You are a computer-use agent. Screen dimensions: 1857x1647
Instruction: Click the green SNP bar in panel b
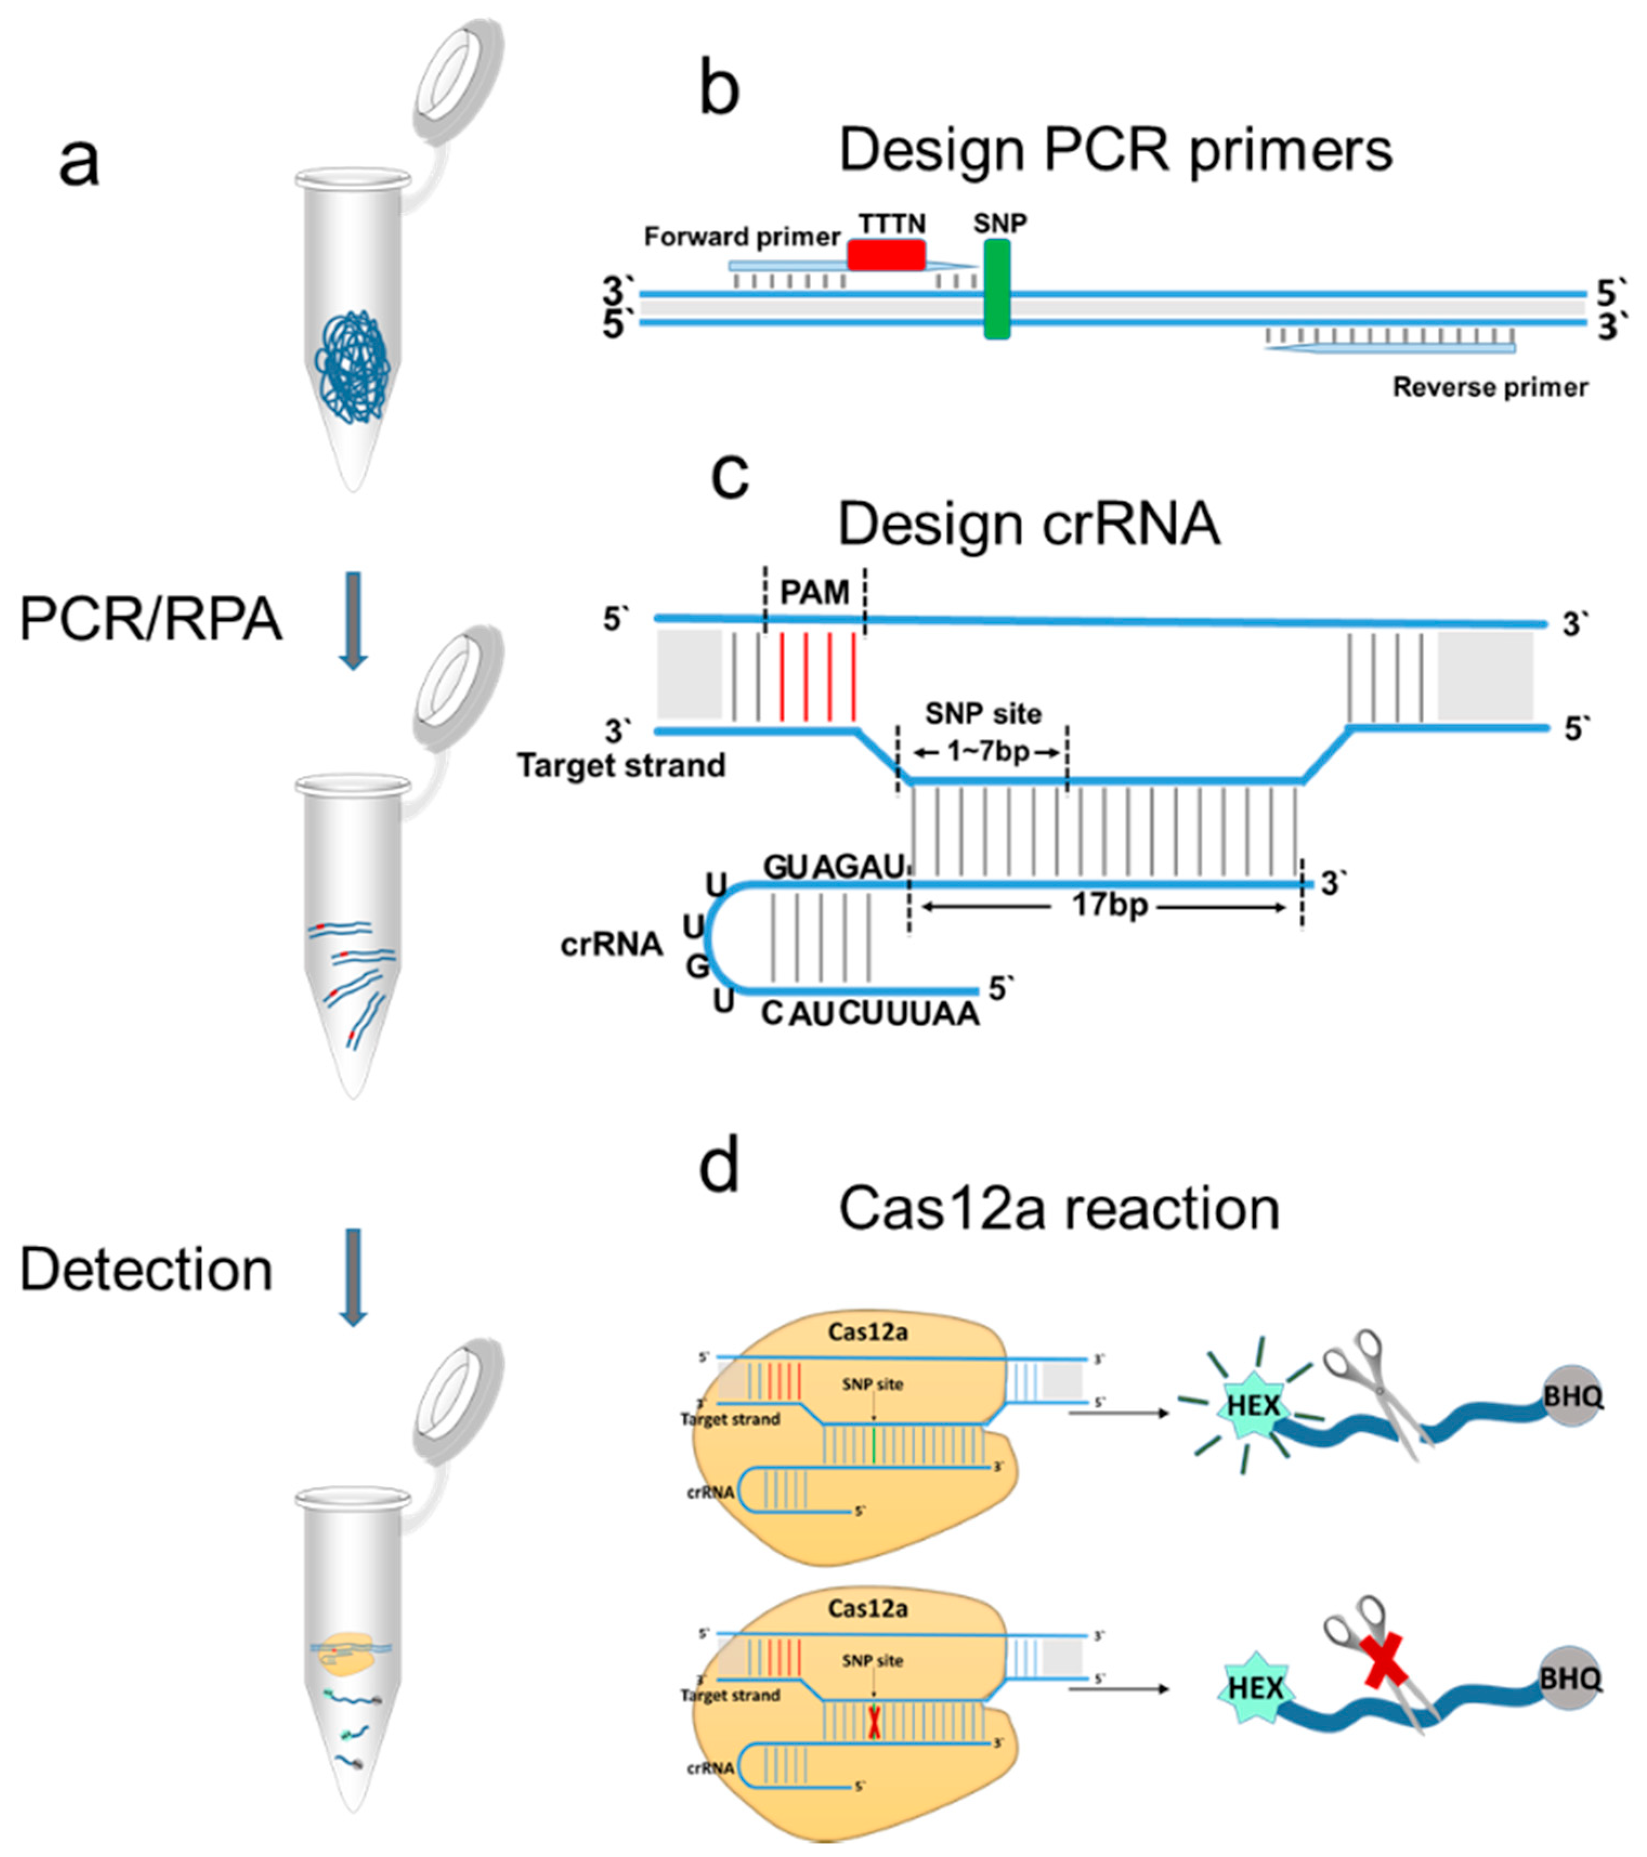coord(997,289)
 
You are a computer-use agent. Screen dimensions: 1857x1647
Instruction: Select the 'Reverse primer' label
coord(1490,387)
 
